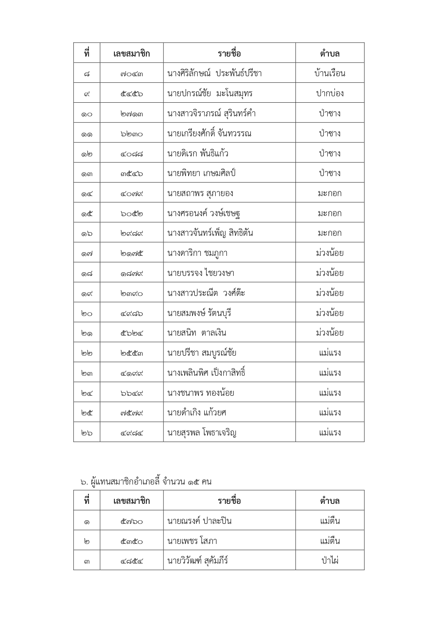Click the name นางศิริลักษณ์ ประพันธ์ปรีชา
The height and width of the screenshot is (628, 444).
pos(214,73)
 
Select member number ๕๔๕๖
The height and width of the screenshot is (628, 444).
pos(132,94)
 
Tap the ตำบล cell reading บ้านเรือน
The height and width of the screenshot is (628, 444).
pos(330,73)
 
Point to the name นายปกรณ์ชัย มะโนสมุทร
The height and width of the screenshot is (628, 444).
pos(210,93)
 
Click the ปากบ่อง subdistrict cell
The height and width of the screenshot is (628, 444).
pos(330,93)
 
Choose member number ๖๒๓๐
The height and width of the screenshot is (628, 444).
pos(132,134)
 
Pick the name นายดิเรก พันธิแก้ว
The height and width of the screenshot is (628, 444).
pos(197,154)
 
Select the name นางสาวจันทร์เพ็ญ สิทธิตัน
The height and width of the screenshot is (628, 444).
pos(210,233)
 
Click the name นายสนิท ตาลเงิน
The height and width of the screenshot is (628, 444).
pos(196,333)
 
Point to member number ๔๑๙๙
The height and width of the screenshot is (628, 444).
pos(132,373)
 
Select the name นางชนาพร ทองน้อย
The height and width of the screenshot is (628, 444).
pos(200,393)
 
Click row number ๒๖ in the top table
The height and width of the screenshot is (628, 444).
pos(87,433)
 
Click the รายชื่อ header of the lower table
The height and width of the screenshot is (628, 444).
pos(229,501)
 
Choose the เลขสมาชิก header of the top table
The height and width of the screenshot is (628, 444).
pos(132,54)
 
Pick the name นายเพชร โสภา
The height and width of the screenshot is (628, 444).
pos(192,541)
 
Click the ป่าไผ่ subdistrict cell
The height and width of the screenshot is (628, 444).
pos(330,560)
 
